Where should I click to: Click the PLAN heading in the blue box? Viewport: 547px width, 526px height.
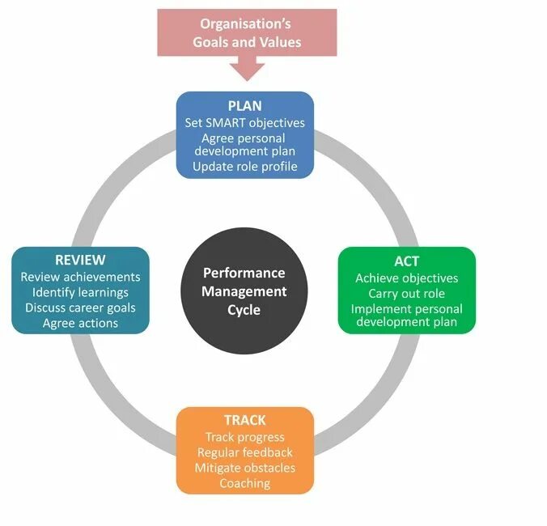244,107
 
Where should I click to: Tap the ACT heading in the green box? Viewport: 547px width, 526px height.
406,261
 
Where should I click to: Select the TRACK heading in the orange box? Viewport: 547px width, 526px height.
244,421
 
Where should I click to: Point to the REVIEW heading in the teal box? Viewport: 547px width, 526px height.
80,260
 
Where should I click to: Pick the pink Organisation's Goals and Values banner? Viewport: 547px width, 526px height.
247,32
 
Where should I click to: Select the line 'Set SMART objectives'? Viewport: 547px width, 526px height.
244,123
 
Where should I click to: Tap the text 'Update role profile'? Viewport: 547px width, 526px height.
244,167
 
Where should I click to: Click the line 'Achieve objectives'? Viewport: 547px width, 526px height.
406,278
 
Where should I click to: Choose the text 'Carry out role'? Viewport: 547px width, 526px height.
406,293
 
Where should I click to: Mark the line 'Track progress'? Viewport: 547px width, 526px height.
244,437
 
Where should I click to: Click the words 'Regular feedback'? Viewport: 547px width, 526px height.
244,452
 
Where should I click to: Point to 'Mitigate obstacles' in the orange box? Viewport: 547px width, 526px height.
244,468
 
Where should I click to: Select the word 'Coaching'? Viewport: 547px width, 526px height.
244,483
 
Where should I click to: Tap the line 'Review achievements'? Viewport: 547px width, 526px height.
80,277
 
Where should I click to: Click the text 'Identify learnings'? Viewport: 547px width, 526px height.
80,292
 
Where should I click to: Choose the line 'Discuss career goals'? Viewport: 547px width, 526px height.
80,308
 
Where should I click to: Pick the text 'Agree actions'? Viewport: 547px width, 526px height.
80,323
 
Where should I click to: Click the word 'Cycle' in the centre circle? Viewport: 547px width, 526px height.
244,309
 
